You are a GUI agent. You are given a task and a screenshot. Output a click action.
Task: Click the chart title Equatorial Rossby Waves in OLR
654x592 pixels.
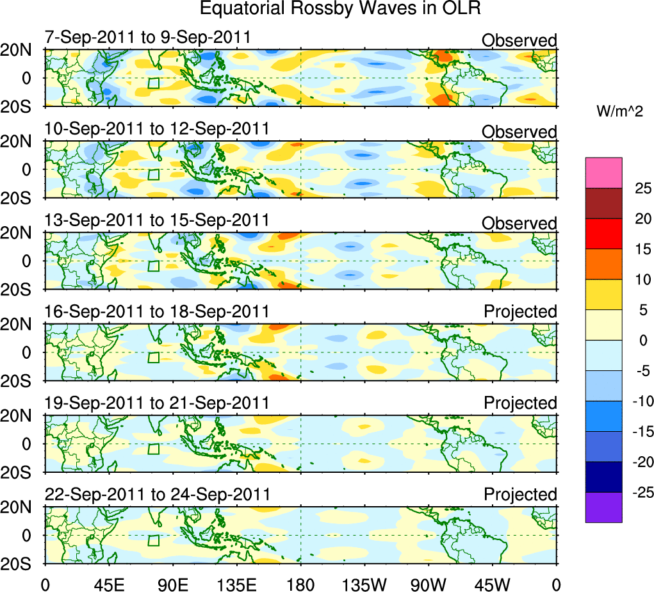coord(340,9)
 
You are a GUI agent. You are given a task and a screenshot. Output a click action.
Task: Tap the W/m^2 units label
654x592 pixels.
coord(621,111)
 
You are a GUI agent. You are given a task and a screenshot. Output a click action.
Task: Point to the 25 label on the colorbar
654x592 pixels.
coord(642,188)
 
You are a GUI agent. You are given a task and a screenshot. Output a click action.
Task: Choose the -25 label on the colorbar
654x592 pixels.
coord(640,493)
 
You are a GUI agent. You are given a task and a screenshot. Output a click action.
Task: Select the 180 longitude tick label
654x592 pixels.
coord(300,584)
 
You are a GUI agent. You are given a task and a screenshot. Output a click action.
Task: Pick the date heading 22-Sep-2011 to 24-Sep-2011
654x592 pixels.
coord(157,495)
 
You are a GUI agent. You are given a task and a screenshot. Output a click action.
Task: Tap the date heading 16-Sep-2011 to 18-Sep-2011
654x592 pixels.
coord(157,312)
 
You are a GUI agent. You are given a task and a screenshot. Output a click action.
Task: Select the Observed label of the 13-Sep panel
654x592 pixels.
coord(519,224)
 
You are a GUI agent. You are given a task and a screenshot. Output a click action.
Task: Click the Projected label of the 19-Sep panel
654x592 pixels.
coord(520,404)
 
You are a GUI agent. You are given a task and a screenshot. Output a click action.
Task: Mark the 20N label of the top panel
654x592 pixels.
coord(20,51)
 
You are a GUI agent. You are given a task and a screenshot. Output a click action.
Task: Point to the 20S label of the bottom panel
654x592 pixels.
coord(20,563)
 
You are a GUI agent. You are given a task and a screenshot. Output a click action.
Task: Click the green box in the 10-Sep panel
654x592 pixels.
coord(153,174)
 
